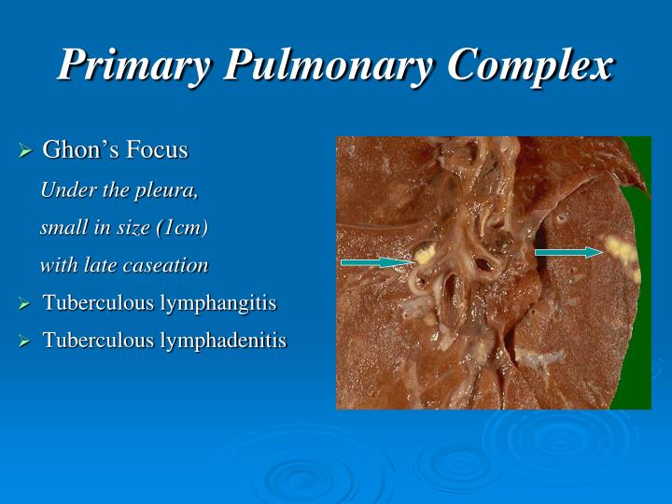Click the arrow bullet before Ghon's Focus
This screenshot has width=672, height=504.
point(26,150)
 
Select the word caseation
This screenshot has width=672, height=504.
point(171,265)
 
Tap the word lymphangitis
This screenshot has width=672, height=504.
point(218,303)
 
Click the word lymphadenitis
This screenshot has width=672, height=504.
point(223,341)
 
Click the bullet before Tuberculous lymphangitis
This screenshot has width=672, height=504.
point(26,304)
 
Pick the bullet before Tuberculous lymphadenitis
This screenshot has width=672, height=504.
point(26,342)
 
